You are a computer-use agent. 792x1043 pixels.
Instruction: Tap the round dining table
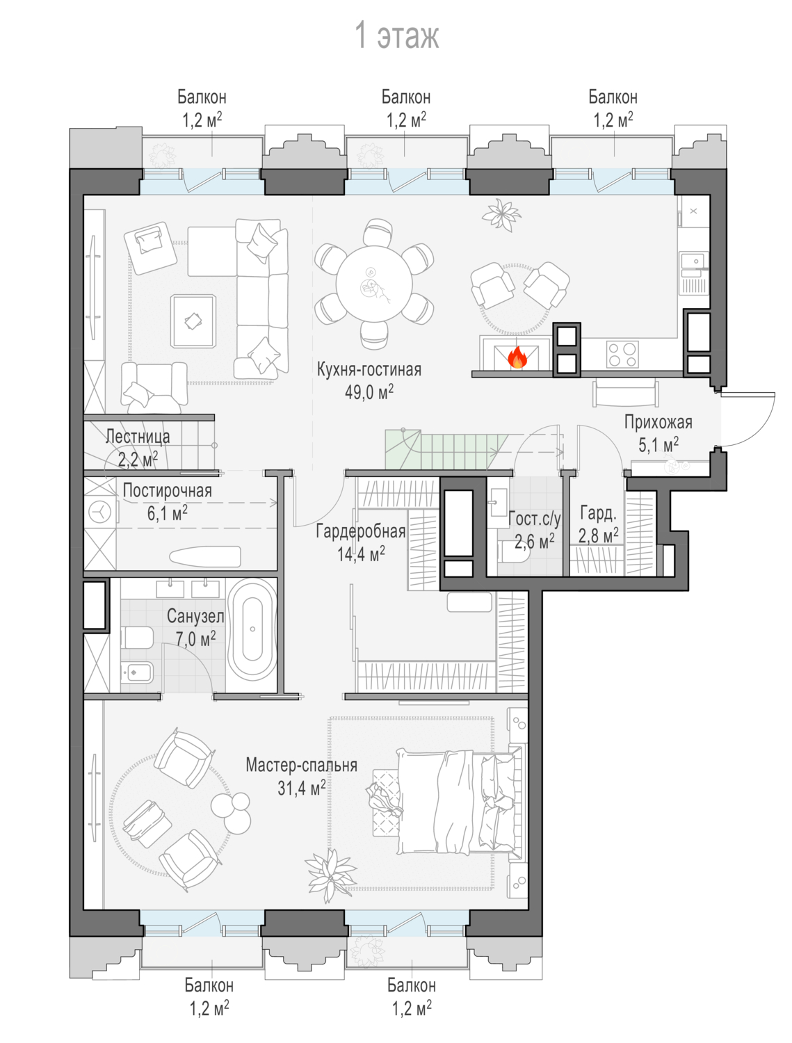(374, 284)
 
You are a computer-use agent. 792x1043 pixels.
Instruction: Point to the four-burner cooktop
(622, 355)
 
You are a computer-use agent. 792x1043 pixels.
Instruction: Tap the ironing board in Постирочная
(204, 556)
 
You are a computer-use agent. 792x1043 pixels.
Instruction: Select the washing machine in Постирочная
(100, 512)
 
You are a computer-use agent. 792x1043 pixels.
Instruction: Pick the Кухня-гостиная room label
(369, 369)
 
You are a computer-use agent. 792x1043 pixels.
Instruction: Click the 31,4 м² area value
(302, 788)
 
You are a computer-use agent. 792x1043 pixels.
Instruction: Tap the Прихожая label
(658, 422)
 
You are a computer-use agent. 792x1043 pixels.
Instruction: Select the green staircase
(442, 449)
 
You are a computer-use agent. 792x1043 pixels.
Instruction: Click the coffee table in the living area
(193, 321)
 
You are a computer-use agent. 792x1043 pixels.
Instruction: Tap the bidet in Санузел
(137, 672)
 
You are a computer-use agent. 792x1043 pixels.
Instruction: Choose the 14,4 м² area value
(361, 553)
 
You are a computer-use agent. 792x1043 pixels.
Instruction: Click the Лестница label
(138, 436)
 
